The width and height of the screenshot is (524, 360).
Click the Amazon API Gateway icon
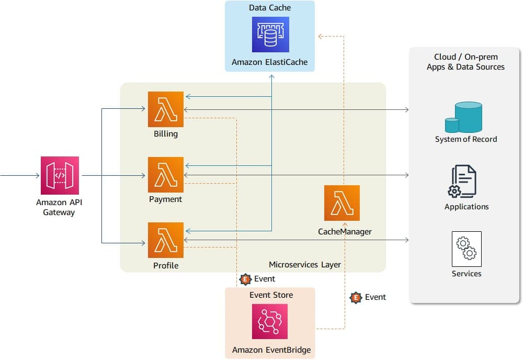pos(60,175)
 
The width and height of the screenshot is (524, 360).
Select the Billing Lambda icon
pos(166,109)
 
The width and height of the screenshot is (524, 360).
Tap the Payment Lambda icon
pos(166,175)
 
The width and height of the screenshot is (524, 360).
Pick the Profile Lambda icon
pos(166,241)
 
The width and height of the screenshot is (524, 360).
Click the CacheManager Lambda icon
pos(342,203)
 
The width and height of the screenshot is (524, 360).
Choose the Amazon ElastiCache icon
pos(270,35)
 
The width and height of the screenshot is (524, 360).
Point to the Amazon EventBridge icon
pos(270,322)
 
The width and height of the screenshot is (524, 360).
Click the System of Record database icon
pos(464,117)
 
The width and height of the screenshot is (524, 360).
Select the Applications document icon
pos(464,181)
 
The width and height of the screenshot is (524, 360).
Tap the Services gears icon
pos(466,249)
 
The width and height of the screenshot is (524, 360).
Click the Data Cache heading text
pos(270,8)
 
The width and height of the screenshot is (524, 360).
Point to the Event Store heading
pos(271,295)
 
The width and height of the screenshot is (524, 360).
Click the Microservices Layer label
pos(305,264)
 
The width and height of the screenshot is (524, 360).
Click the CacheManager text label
pos(345,231)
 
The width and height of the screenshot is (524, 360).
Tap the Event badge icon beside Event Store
pos(245,279)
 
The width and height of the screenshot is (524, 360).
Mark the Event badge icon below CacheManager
pos(356,298)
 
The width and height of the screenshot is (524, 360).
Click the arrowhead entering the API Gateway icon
pos(38,176)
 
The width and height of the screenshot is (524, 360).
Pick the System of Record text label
pos(466,139)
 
